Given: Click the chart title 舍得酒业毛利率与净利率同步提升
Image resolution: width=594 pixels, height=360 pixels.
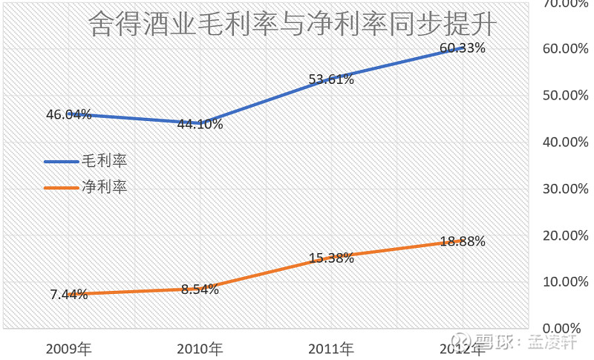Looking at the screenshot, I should coord(291,26).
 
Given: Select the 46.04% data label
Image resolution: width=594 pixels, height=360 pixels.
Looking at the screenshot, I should coord(68,114).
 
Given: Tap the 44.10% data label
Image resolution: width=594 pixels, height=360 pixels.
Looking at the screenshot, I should coord(200,124).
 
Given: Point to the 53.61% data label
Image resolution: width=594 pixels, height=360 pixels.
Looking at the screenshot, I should coord(331,79).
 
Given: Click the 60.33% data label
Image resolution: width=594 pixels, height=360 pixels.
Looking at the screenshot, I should coord(462,48).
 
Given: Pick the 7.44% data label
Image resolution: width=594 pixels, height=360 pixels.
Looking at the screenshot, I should coord(69,295).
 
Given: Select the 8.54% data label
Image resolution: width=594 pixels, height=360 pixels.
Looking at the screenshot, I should coord(200,289).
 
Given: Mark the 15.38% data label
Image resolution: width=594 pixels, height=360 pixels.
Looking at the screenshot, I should coord(331,258).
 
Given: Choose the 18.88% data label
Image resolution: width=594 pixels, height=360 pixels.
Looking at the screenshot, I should coord(462,241).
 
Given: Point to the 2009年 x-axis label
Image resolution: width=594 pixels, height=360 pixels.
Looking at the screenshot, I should coord(68,348).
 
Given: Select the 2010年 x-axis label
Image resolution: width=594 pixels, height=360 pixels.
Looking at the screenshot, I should coord(200,348).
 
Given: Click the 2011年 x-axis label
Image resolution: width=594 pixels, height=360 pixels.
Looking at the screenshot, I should coord(331,348).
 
